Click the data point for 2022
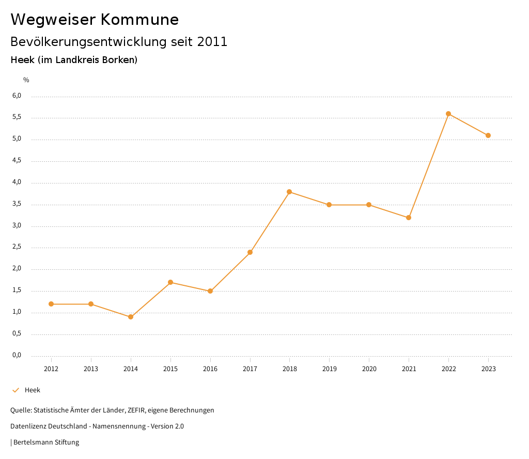pos(448,114)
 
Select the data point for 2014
pos(131,317)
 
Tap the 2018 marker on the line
pos(289,192)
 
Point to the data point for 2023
pos(488,135)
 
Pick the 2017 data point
pos(250,252)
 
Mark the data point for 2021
pos(409,218)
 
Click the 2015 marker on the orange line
pos(170,282)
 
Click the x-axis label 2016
pos(210,369)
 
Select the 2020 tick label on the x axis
pos(369,369)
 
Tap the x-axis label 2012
pos(51,369)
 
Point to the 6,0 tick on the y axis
pos(17,96)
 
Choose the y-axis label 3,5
pos(17,204)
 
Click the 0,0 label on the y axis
pos(17,355)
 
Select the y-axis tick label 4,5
pos(17,160)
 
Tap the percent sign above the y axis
pos(26,80)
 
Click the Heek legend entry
pos(32,390)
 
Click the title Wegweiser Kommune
pos(95,20)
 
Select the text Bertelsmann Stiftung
pos(46,442)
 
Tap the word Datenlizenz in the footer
pos(27,426)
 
